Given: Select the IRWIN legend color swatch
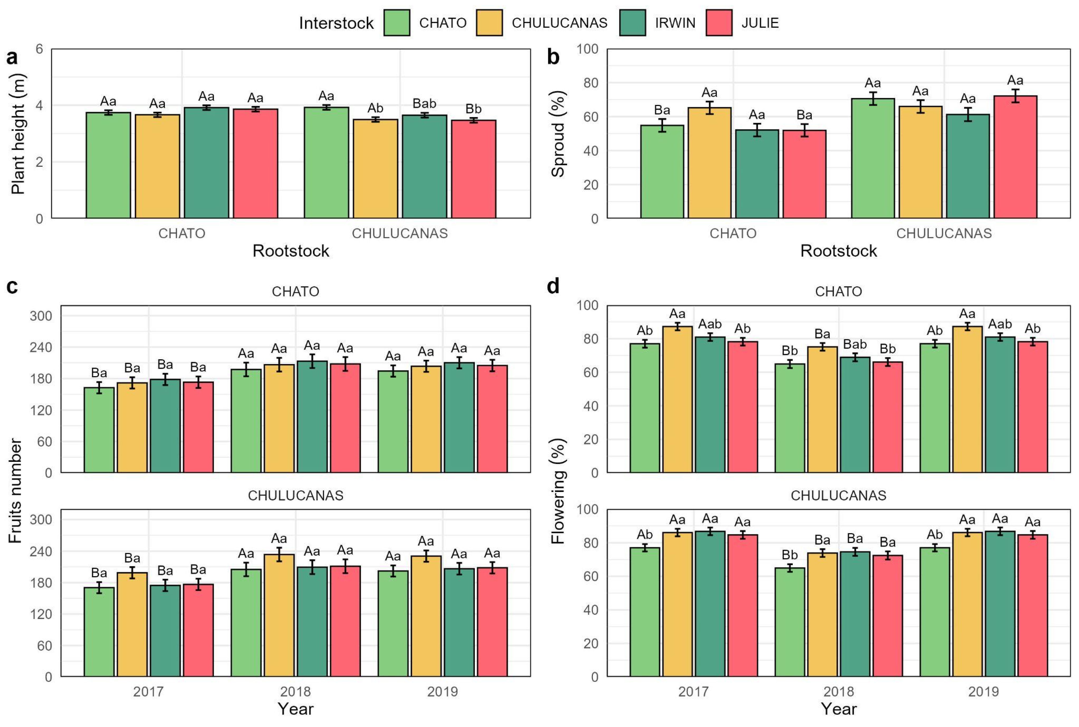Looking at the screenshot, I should coord(632,23).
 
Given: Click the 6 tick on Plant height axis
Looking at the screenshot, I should coord(39,49).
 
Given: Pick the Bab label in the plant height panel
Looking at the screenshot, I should coord(424,103).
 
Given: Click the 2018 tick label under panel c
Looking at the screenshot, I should coord(295,692).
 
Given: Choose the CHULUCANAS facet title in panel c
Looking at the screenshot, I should coord(295,496).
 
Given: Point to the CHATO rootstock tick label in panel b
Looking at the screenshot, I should coord(733,233).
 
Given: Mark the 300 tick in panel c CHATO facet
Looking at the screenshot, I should coord(41,316).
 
